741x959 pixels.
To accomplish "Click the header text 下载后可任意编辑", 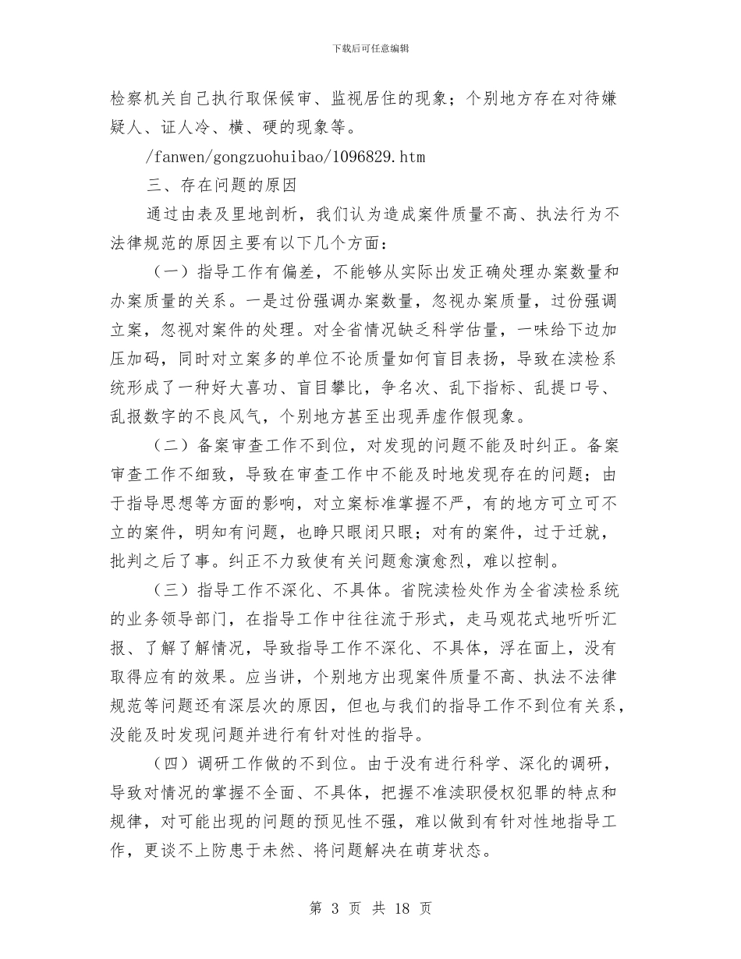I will [370, 48].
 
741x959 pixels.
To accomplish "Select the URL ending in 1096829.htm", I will [285, 157].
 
